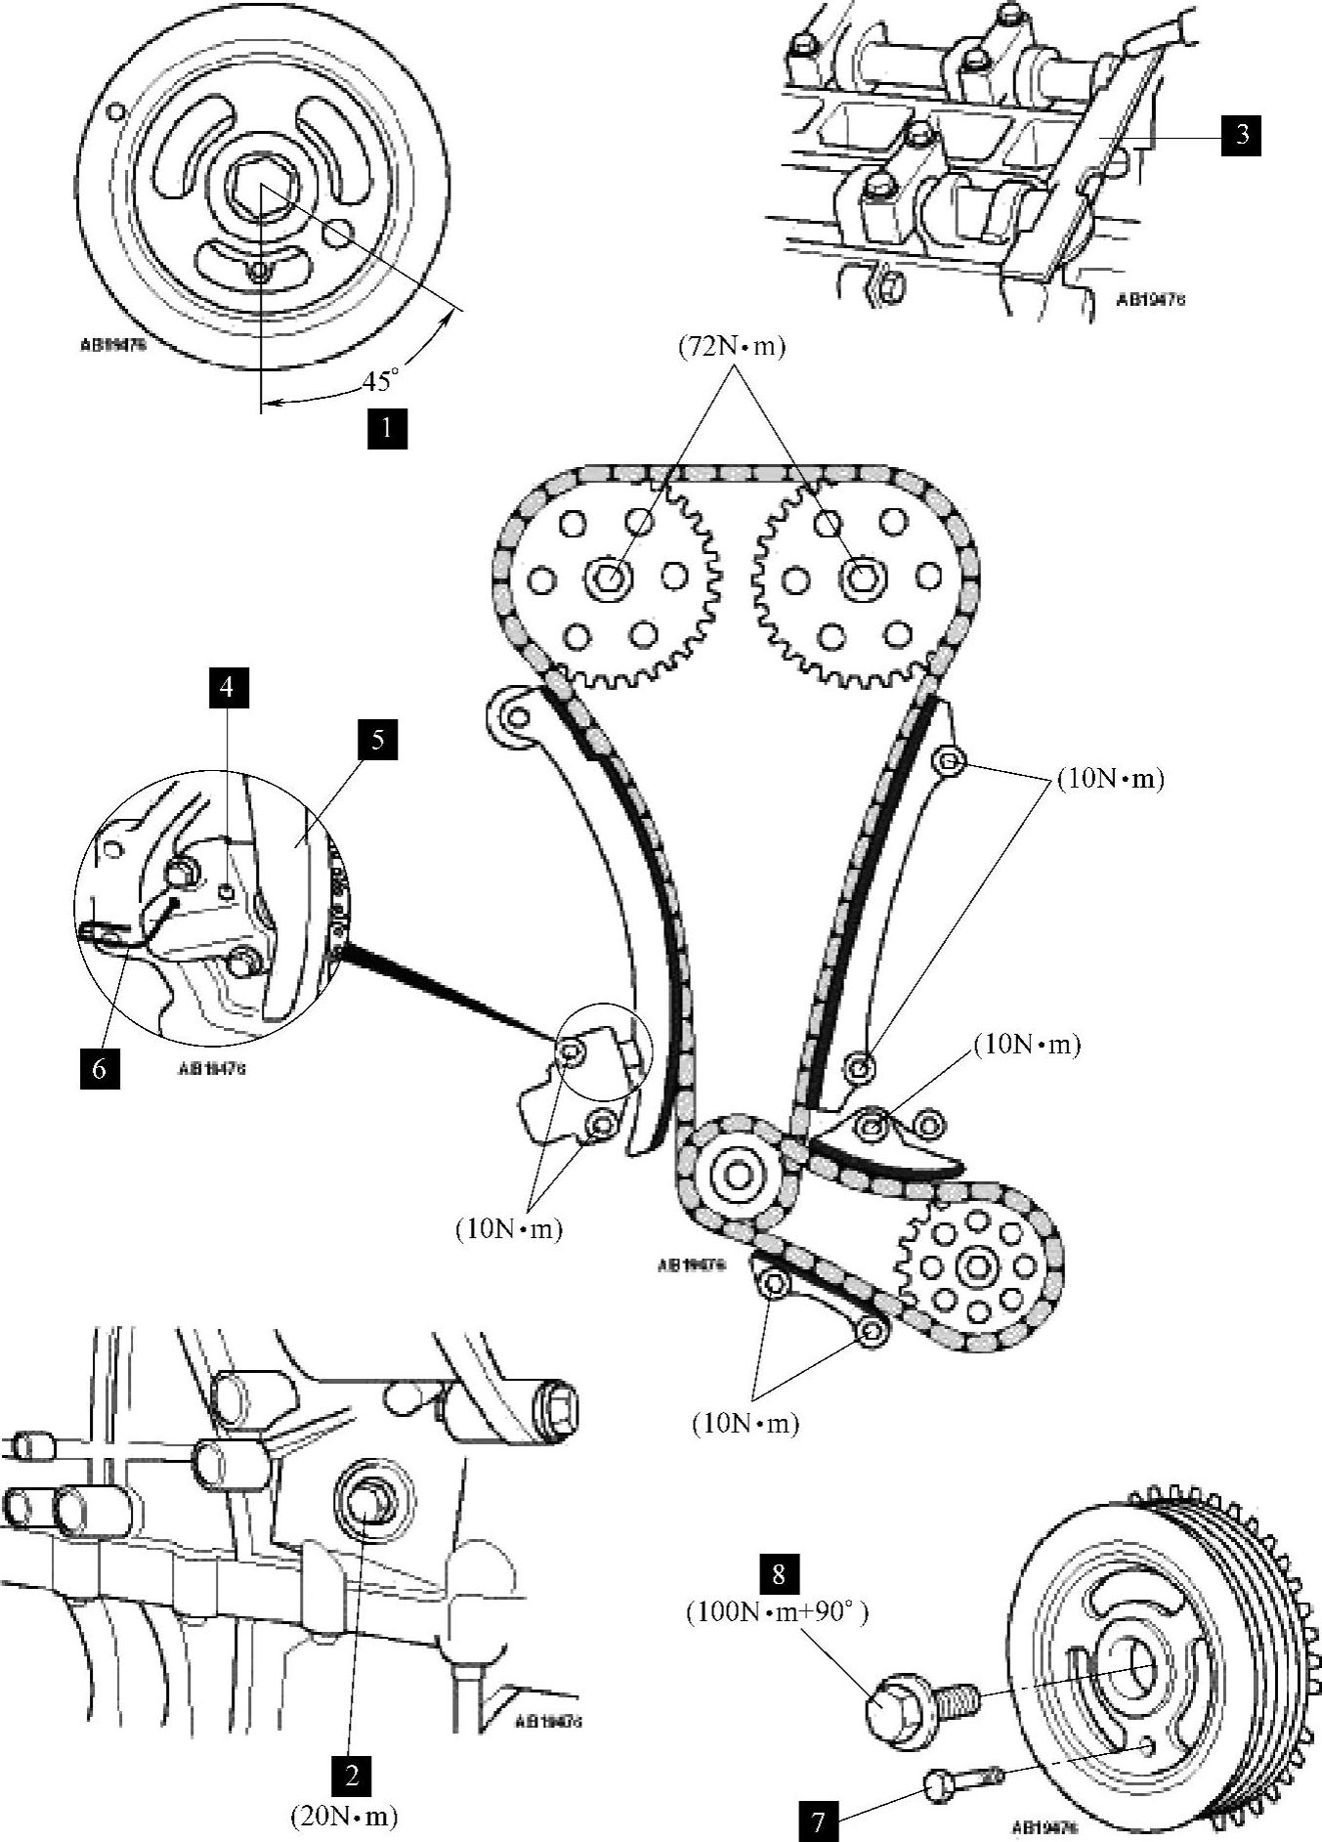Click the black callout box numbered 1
pyautogui.click(x=387, y=428)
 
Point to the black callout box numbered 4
pyautogui.click(x=227, y=687)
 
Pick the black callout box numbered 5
pyautogui.click(x=377, y=740)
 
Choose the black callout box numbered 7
pyautogui.click(x=818, y=1821)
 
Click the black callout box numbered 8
pyautogui.click(x=779, y=1573)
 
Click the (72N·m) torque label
pyautogui.click(x=732, y=348)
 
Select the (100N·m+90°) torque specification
pyautogui.click(x=777, y=1611)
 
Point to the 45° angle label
pyautogui.click(x=381, y=380)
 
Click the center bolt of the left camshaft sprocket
pyautogui.click(x=606, y=578)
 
